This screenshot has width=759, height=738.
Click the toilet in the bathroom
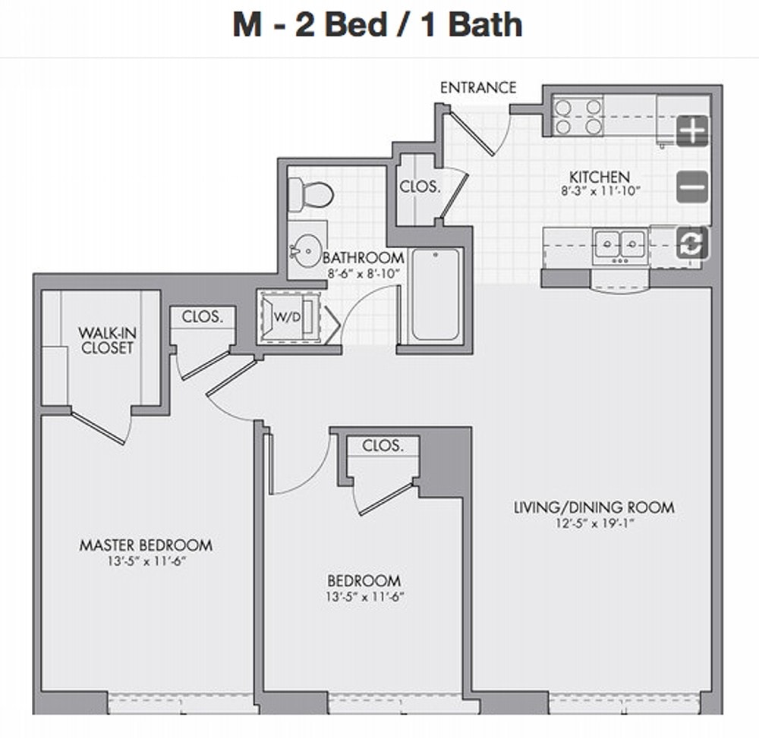(x=310, y=195)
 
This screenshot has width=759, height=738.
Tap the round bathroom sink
(x=307, y=250)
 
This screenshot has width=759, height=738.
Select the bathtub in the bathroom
(x=436, y=294)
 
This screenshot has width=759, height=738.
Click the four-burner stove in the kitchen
(x=578, y=117)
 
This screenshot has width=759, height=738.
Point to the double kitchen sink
(x=620, y=246)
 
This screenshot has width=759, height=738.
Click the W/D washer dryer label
(x=287, y=317)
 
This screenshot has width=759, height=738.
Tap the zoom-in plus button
(x=692, y=130)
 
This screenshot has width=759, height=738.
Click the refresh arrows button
(x=692, y=243)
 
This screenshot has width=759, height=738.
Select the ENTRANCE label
(x=478, y=87)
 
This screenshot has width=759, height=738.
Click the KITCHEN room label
(x=600, y=177)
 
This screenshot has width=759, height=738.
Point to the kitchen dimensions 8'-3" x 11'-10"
(x=600, y=191)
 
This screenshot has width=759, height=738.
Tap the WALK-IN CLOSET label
(x=107, y=341)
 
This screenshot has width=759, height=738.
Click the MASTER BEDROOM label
(x=146, y=545)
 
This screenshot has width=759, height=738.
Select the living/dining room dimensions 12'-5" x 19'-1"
(x=594, y=523)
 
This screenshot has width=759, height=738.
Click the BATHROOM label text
(x=363, y=257)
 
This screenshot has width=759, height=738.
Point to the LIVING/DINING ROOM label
(x=594, y=507)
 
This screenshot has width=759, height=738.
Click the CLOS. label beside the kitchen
(x=420, y=187)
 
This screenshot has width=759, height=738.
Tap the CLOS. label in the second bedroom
(x=383, y=445)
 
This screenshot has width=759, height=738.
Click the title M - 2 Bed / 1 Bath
(x=377, y=24)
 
